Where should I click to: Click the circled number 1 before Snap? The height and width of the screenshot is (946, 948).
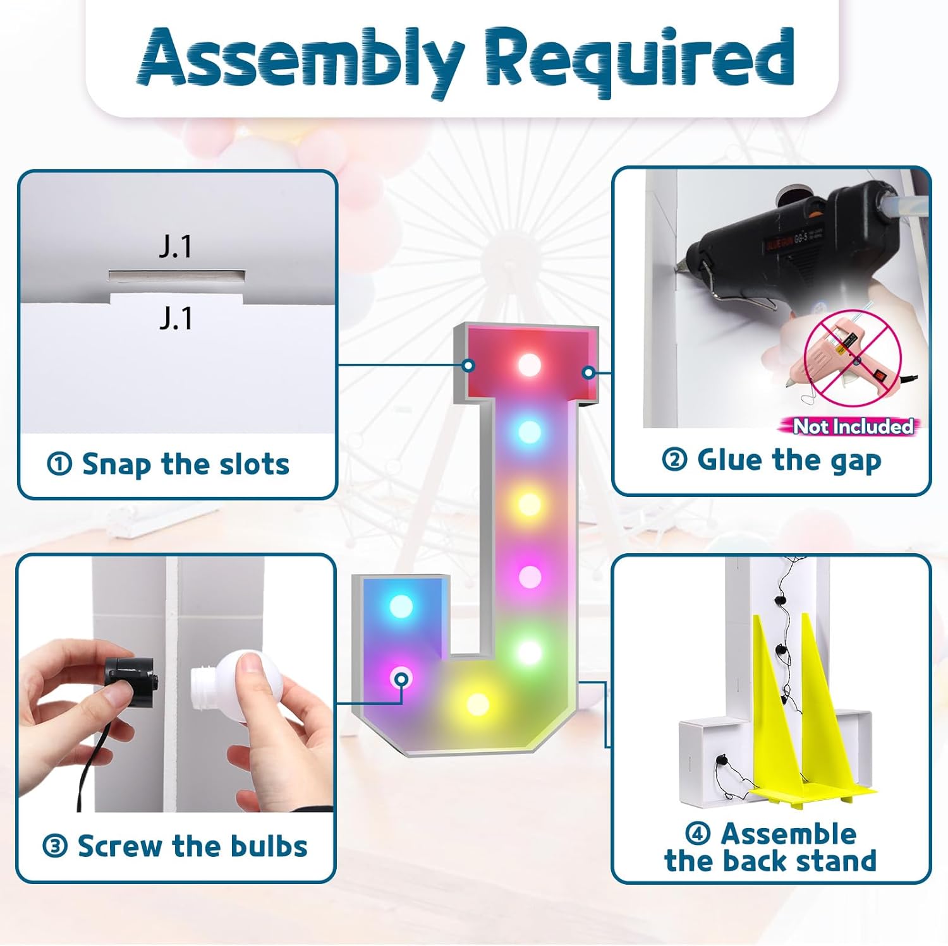click(59, 465)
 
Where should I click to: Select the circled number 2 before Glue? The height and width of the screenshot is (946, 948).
click(674, 459)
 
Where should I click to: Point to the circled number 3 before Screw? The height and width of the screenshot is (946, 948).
click(55, 846)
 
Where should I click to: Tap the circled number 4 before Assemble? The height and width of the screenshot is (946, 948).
click(698, 834)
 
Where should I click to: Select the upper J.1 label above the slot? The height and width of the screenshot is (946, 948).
click(175, 246)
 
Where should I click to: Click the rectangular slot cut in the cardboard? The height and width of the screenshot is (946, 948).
click(176, 276)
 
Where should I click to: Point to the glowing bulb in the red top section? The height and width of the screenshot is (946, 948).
click(530, 364)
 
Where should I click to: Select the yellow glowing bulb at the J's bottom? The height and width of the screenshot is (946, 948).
click(478, 704)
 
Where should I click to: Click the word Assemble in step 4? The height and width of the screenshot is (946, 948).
click(789, 834)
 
